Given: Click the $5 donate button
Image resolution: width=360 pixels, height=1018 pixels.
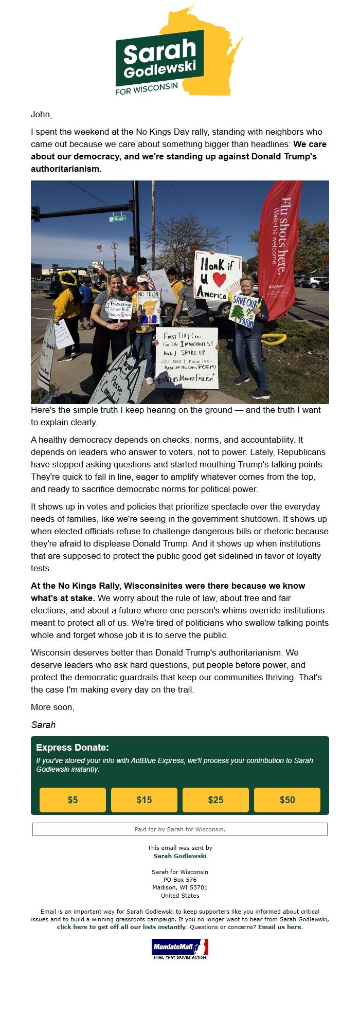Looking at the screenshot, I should point(73,799).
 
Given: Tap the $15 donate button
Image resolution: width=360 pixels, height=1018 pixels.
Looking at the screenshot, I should point(144,799).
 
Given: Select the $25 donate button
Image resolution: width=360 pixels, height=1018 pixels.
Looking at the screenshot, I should point(215,799).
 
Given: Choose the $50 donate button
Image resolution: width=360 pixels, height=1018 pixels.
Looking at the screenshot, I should point(287,799).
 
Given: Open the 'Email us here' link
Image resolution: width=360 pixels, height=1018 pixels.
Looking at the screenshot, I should point(280,927).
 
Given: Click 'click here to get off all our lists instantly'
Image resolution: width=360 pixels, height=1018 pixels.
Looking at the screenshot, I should point(121,927).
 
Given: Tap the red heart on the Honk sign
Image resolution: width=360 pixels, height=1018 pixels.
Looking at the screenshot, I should point(220,280).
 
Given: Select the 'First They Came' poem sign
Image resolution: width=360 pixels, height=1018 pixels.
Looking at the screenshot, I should point(187,357).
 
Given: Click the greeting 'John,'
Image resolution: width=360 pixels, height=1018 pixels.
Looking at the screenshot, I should point(42,114).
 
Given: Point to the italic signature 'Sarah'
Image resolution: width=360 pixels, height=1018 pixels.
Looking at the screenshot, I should point(43,725).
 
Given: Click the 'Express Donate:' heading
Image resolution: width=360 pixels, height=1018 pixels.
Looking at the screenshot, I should point(73,748).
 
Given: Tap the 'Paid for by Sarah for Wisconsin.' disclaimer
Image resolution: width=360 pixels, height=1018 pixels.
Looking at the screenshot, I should point(180,829).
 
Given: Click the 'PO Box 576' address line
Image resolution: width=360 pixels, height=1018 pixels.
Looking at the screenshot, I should point(180,880).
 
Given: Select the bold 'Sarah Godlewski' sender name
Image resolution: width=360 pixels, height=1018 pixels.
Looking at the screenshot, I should point(180,856).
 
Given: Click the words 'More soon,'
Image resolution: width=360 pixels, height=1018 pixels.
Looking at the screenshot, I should point(52,707).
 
